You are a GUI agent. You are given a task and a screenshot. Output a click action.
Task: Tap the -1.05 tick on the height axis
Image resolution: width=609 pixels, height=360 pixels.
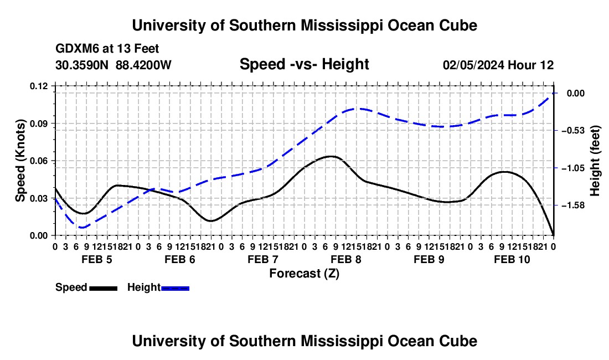coord(573,168)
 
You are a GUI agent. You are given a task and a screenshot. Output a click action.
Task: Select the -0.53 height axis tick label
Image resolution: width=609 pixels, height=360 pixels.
coord(573,131)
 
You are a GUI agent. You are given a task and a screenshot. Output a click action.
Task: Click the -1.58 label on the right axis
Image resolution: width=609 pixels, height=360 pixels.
coord(573,205)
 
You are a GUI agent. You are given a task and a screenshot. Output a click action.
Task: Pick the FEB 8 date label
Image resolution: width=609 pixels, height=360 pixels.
coord(345,259)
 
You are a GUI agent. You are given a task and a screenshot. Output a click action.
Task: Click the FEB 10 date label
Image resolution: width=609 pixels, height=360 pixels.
coord(512,259)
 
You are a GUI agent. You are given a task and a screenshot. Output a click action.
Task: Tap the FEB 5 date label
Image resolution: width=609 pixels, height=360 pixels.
coord(97,259)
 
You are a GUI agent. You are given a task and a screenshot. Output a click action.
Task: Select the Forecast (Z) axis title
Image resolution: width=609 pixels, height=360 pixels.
coord(304,274)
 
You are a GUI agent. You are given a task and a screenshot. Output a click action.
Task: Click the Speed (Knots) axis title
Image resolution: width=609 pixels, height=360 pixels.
coord(20,161)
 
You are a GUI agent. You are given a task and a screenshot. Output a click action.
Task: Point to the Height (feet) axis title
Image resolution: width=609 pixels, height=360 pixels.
coord(595,161)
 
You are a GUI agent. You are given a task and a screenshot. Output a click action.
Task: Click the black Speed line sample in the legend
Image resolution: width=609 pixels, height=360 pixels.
coord(103,288)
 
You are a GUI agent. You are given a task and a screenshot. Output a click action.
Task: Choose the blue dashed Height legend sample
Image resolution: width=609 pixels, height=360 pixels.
coord(175,288)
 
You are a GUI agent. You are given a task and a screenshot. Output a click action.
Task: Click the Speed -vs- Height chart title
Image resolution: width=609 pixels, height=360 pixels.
coord(304,64)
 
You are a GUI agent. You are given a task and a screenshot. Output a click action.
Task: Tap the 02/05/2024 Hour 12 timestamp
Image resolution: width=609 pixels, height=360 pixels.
coord(498,65)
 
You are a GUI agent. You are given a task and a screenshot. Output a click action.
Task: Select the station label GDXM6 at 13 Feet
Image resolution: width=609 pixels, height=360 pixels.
coord(107,49)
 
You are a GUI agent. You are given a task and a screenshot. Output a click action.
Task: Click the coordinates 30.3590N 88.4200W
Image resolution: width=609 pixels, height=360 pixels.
coord(113,65)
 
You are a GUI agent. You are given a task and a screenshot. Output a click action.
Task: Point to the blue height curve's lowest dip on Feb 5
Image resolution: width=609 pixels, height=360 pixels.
coord(82,228)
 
